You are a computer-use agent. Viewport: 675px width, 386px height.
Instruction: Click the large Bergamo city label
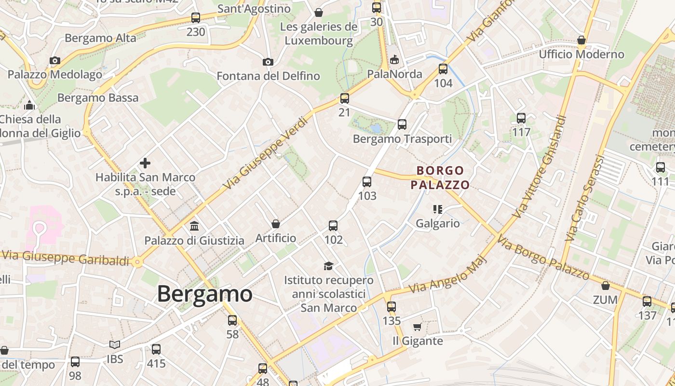[205, 294]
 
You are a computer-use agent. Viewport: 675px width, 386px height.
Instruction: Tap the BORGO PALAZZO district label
[440, 178]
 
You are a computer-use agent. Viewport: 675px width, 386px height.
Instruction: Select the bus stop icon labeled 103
[367, 182]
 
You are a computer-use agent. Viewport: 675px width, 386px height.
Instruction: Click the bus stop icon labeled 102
[333, 225]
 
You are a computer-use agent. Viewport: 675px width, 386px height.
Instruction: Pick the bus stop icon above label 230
[196, 18]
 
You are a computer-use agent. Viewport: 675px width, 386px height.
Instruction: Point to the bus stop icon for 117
[521, 118]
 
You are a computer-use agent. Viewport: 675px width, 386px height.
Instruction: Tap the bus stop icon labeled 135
[391, 306]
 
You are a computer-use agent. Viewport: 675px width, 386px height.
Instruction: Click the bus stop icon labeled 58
[232, 320]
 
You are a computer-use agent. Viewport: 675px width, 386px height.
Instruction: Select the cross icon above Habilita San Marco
[145, 163]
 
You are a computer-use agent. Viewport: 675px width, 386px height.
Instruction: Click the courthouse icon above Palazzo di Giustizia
[194, 225]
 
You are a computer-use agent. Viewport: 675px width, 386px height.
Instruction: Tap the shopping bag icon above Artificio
[276, 223]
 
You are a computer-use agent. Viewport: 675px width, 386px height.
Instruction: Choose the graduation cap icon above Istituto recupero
[328, 266]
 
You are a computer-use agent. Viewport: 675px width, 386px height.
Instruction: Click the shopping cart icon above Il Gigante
[418, 327]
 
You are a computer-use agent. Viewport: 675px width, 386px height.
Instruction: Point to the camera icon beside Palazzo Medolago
[55, 60]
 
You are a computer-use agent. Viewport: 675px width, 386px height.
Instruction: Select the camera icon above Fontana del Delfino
[268, 62]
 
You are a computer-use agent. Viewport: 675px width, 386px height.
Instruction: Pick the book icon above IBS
[115, 345]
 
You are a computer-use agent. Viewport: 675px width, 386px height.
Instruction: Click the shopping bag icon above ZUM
[606, 286]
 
